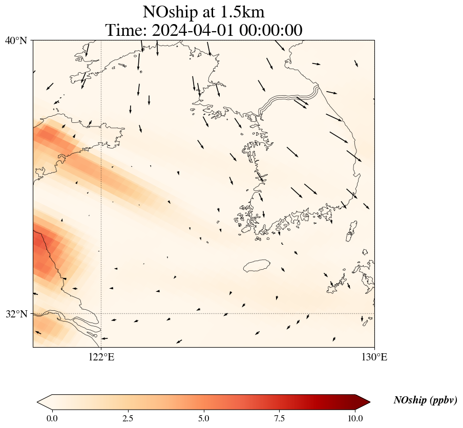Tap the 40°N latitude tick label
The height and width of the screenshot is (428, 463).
[x=16, y=40]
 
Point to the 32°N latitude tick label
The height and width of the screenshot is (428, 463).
[x=16, y=314]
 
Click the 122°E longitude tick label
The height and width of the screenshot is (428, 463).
[x=101, y=357]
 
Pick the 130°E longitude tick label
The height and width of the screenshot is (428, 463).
[x=375, y=357]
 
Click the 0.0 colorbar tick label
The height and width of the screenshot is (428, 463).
[x=52, y=418]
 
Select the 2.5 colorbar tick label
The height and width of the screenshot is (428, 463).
[x=128, y=418]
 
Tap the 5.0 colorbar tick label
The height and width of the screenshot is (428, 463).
[x=204, y=418]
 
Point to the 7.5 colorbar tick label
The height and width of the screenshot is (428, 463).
[x=280, y=418]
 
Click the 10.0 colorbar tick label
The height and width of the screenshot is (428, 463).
[x=355, y=418]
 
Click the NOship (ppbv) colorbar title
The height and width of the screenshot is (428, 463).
[x=425, y=400]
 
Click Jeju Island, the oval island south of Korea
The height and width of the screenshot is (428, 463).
[x=257, y=266]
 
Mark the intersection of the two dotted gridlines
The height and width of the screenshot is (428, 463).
[x=101, y=313]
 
